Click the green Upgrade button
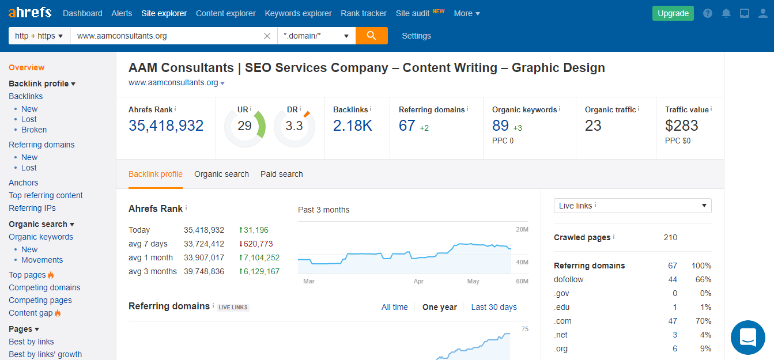click(x=673, y=13)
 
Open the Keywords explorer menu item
click(x=298, y=13)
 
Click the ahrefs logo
click(x=30, y=13)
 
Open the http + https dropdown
click(x=39, y=36)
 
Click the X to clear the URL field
click(x=267, y=36)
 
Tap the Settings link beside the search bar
click(x=416, y=36)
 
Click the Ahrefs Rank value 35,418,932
click(x=166, y=126)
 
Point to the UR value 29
click(x=244, y=126)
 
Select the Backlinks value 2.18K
click(x=352, y=126)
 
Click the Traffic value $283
click(x=681, y=126)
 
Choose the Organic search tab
click(x=221, y=174)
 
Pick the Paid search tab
click(x=281, y=174)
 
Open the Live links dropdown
click(x=632, y=206)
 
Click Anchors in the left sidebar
click(x=23, y=183)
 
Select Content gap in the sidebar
click(x=31, y=313)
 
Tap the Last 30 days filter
click(x=493, y=307)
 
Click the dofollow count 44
click(x=673, y=279)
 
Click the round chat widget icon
click(x=747, y=338)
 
